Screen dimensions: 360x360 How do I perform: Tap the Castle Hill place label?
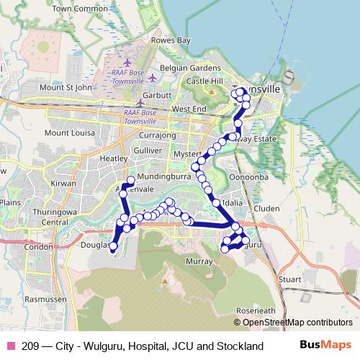207,81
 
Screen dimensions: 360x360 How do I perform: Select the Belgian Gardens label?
190,68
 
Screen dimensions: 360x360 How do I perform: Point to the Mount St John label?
66,88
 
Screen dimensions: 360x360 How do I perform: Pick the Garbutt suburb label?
157,95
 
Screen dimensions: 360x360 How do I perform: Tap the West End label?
189,109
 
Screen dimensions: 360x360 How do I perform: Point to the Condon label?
38,246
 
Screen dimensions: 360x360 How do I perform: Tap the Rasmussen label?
45,298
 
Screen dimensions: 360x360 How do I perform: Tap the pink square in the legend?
10,346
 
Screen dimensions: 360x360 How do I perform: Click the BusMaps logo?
325,346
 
